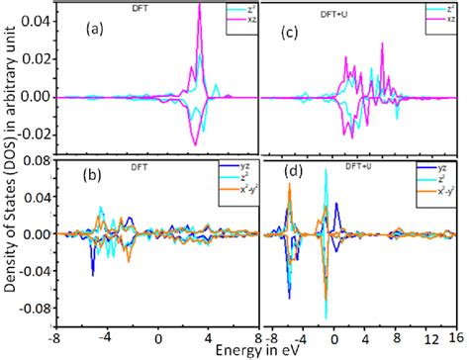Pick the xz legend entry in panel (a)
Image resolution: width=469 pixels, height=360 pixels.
(x=235, y=20)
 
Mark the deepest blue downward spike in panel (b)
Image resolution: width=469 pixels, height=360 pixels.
(x=92, y=274)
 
